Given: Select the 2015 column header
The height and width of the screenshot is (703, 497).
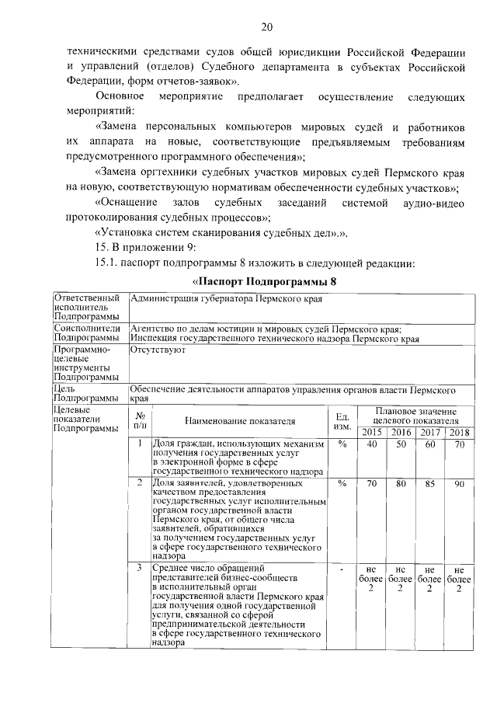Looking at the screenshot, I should pyautogui.click(x=373, y=433).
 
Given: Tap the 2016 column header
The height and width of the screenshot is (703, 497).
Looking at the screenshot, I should pyautogui.click(x=401, y=433).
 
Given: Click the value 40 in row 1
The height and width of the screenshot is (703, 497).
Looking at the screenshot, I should pyautogui.click(x=373, y=444).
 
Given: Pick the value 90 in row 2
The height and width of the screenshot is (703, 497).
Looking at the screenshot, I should pyautogui.click(x=460, y=483).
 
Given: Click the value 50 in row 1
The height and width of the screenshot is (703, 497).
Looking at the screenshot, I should pyautogui.click(x=401, y=444).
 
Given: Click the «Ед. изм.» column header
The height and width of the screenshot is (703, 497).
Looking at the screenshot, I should pyautogui.click(x=341, y=421).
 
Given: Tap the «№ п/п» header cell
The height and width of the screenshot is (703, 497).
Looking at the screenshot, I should pyautogui.click(x=140, y=421).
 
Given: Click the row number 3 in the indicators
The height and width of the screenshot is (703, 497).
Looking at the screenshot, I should pyautogui.click(x=139, y=569).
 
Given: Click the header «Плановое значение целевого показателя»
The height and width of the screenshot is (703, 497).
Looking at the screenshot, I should pyautogui.click(x=415, y=416).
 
